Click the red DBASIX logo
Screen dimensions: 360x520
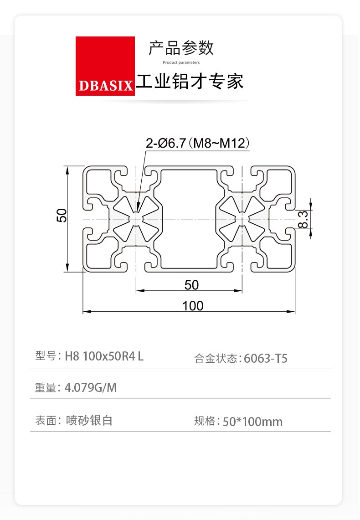point(105,66)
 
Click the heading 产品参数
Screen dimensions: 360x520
point(181,48)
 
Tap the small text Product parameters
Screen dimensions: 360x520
point(181,62)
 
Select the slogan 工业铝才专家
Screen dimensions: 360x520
point(190,81)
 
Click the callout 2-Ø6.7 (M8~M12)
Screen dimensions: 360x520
point(198,143)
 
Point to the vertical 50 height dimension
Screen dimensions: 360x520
point(62,216)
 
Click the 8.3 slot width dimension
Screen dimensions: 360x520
point(303,219)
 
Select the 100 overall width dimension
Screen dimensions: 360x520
point(193,305)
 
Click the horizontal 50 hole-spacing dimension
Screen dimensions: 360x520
point(191,285)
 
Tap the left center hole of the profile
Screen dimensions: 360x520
point(136,219)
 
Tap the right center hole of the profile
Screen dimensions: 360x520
point(242,219)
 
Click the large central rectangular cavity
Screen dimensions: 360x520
point(189,219)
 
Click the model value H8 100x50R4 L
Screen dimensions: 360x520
point(104,356)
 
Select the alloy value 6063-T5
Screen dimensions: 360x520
point(266,359)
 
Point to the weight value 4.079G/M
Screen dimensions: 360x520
point(91,387)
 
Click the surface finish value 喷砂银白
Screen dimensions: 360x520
point(89,420)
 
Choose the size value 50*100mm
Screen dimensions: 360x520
point(252,422)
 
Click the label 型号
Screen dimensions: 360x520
point(46,356)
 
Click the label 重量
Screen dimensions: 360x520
point(46,387)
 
